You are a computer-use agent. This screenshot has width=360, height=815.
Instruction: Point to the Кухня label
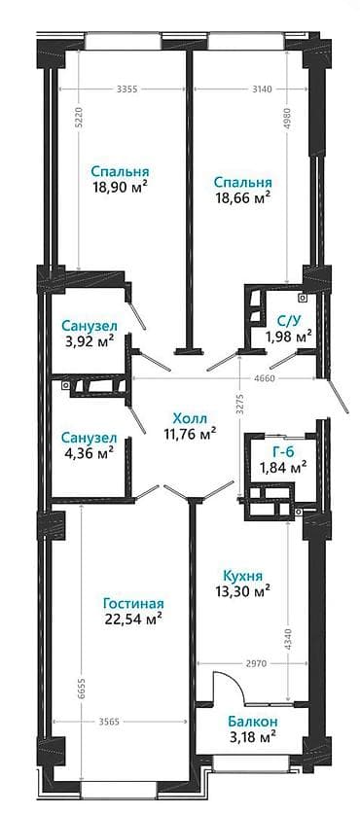pyautogui.click(x=242, y=575)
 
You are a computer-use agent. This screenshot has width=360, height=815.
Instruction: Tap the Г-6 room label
pyautogui.click(x=282, y=449)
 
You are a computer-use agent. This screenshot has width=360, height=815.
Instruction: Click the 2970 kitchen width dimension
pyautogui.click(x=254, y=663)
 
